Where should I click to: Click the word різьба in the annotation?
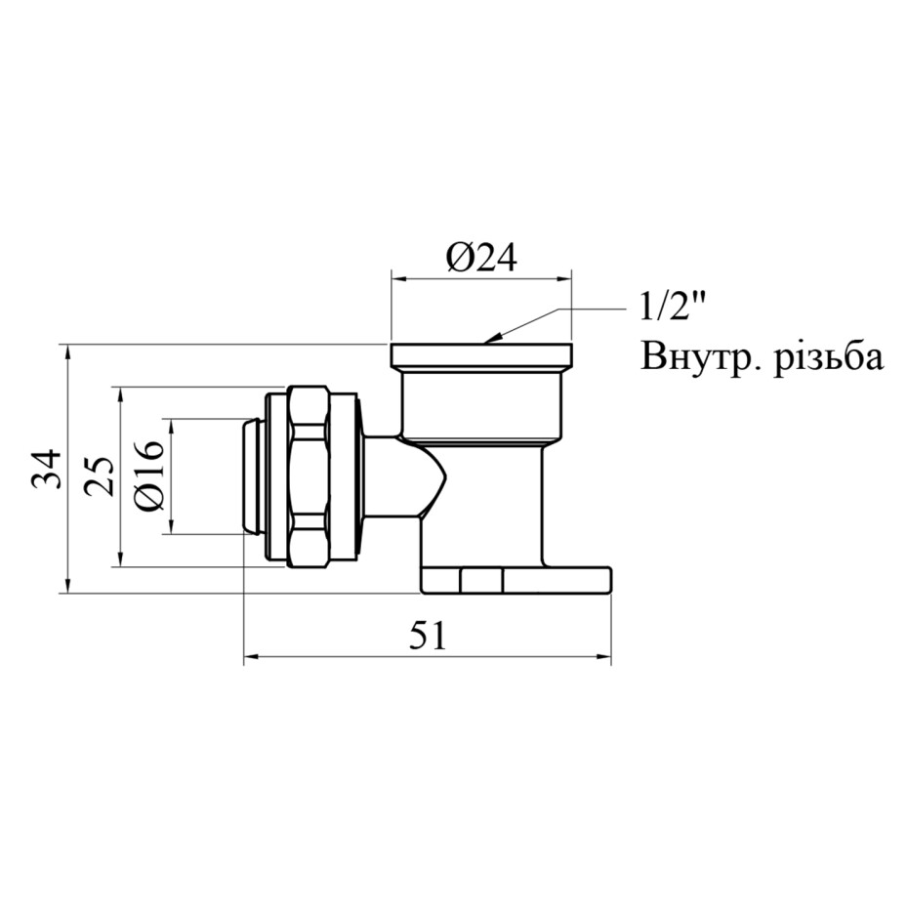(829, 356)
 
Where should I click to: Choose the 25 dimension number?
(100, 476)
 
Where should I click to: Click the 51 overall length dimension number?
(429, 636)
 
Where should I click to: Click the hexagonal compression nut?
(309, 476)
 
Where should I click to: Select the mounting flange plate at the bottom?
(516, 580)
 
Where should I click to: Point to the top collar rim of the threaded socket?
(481, 354)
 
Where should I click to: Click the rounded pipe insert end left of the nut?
(253, 476)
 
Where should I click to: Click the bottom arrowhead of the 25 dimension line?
(120, 557)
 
